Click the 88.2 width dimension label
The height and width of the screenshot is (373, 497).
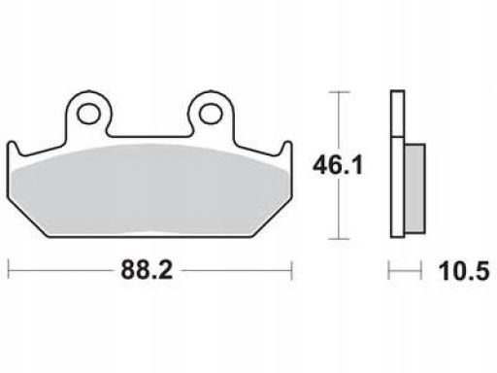click(147, 270)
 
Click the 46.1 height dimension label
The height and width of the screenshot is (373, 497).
click(338, 165)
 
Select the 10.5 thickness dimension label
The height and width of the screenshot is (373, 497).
click(464, 271)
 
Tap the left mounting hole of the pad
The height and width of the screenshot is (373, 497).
click(88, 114)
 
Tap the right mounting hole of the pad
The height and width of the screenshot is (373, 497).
click(211, 114)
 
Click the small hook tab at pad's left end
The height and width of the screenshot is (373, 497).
click(13, 149)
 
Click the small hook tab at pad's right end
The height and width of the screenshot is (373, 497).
click(287, 149)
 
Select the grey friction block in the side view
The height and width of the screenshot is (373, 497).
click(414, 188)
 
